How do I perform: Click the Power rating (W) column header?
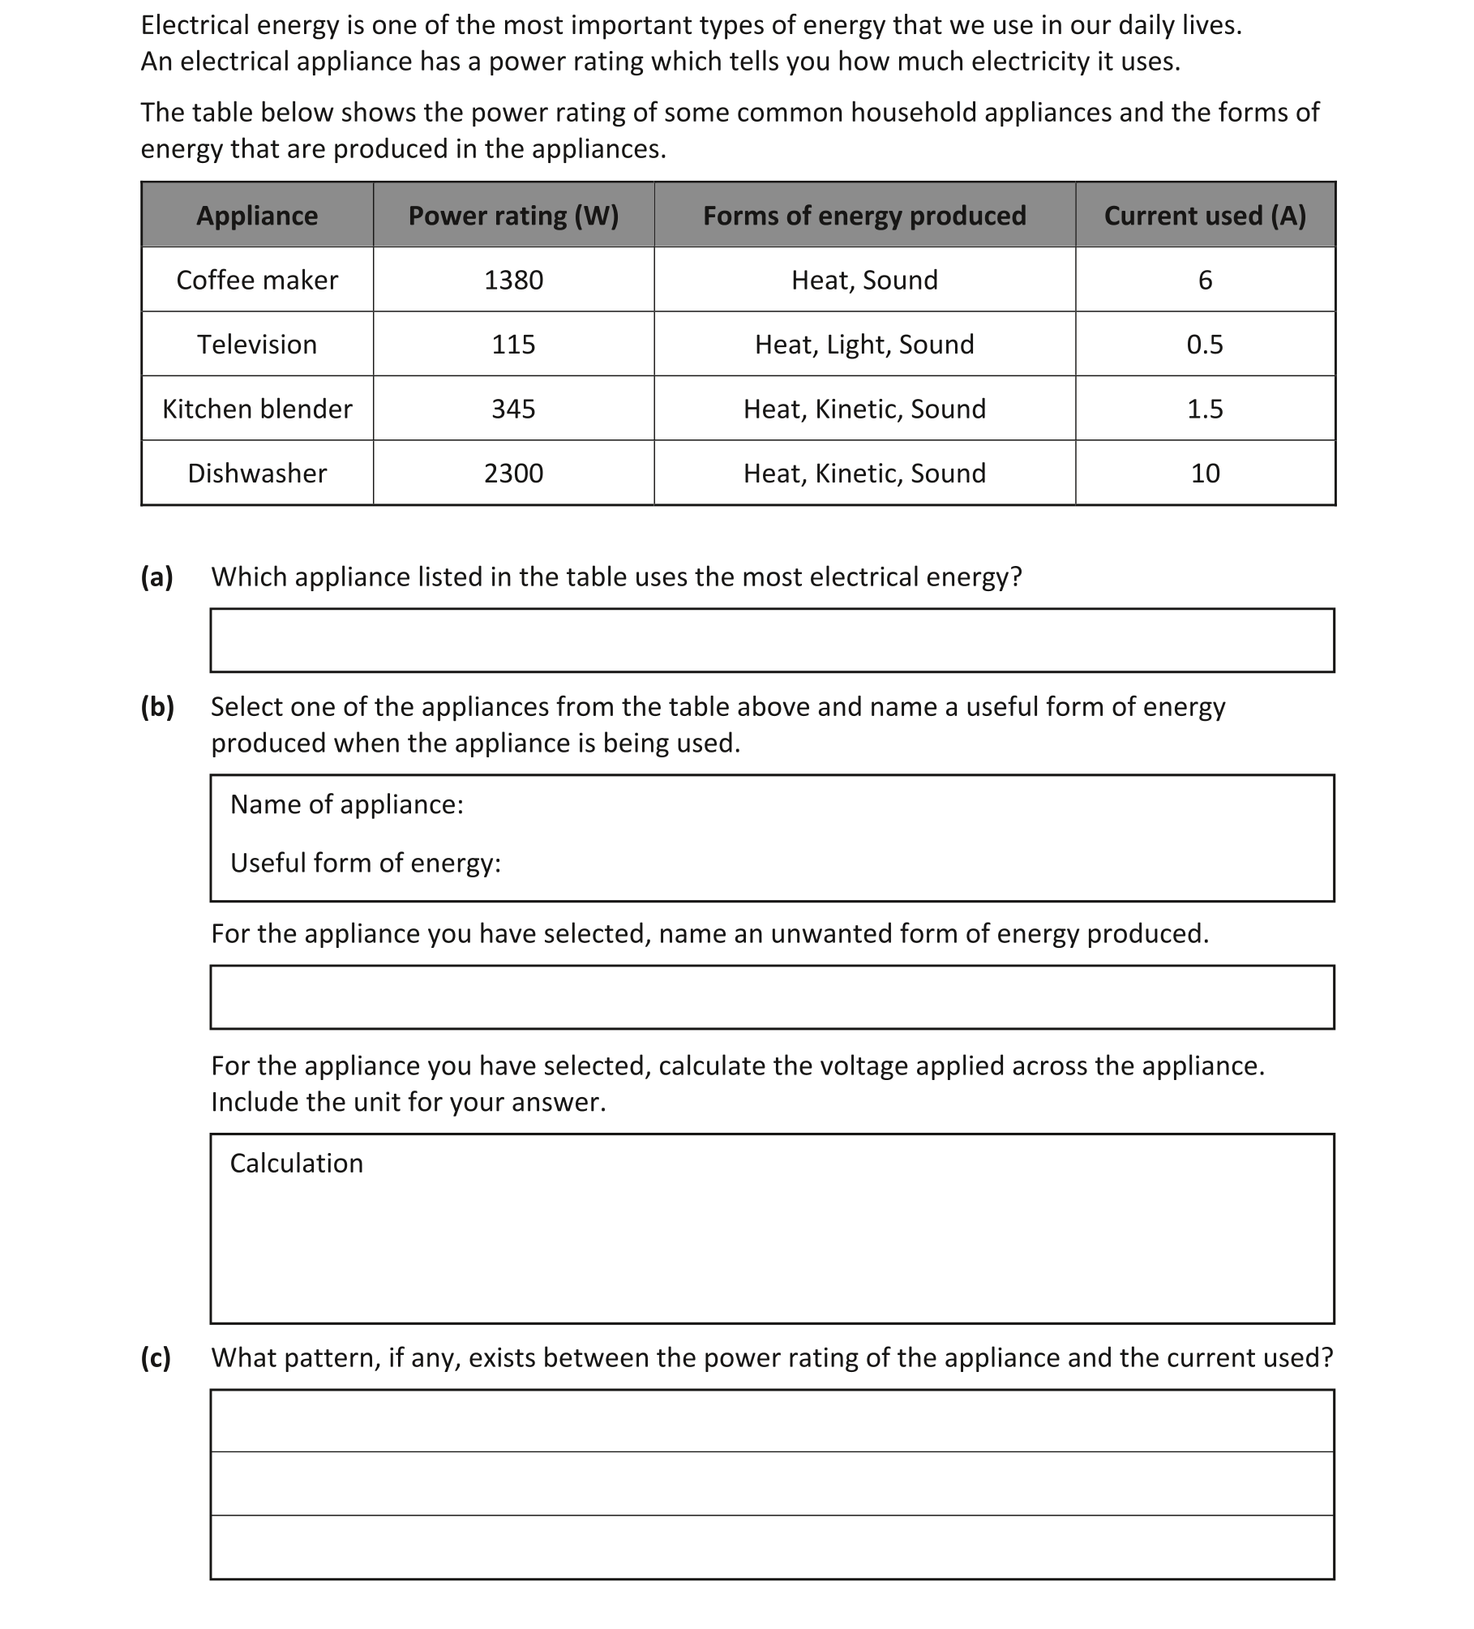click(513, 216)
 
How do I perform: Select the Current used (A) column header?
click(1205, 216)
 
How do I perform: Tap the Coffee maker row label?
click(257, 280)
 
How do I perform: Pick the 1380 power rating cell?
click(513, 280)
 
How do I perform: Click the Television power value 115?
click(513, 345)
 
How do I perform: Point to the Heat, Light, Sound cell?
click(864, 345)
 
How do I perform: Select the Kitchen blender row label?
click(257, 409)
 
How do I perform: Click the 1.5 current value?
click(1205, 409)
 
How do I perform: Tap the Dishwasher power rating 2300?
click(513, 474)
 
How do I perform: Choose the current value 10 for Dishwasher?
click(1205, 474)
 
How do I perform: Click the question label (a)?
click(157, 577)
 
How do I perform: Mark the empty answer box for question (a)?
click(772, 641)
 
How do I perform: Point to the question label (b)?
click(157, 707)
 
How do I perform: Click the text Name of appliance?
click(347, 804)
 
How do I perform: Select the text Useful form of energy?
click(366, 863)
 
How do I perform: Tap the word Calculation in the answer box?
click(297, 1164)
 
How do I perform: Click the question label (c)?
click(156, 1357)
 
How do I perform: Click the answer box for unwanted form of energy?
click(772, 997)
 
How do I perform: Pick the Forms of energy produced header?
click(864, 216)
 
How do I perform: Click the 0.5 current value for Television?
click(1205, 345)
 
